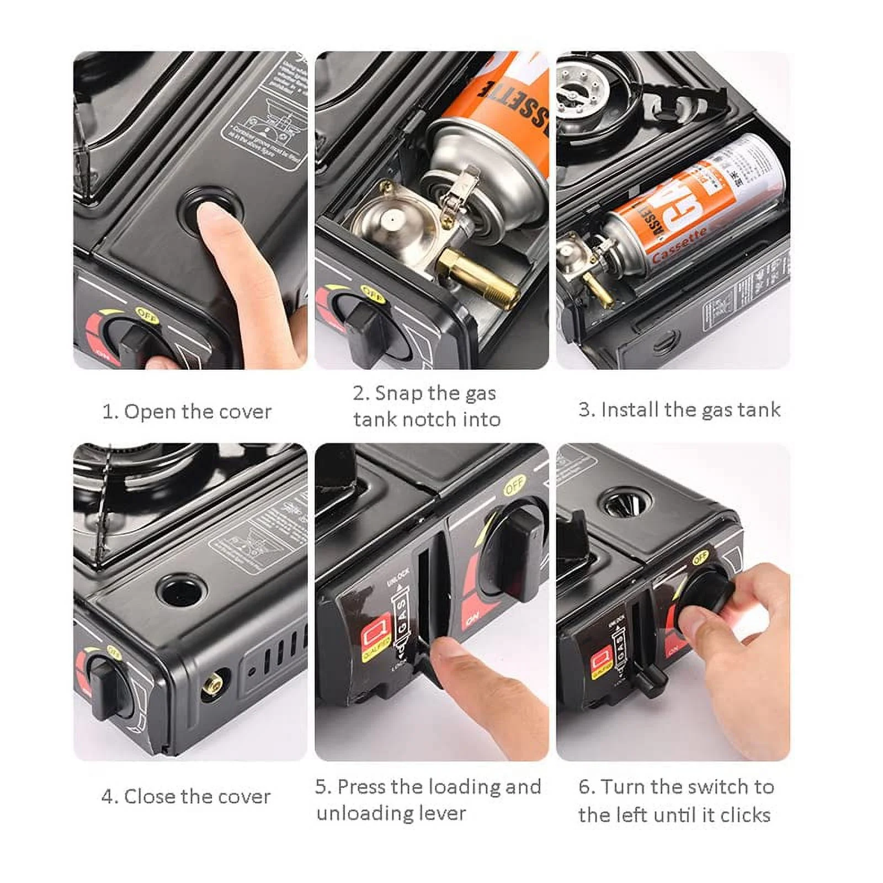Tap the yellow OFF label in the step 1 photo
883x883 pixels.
coord(147,316)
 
